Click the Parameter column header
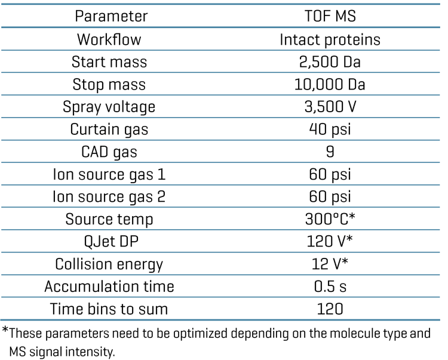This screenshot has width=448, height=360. (111, 17)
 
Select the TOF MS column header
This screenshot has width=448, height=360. (330, 17)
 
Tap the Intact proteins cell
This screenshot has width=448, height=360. (330, 39)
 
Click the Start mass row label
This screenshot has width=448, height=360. (109, 62)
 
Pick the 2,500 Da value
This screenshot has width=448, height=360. (330, 62)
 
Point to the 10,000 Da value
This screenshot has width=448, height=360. (330, 84)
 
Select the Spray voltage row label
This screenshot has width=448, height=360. (109, 107)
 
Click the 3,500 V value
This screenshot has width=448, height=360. (330, 107)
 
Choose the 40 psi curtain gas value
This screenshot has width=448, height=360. (330, 129)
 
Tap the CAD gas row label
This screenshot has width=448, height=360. (109, 152)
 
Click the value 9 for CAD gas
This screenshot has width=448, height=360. (330, 152)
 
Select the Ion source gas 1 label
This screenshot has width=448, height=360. (109, 174)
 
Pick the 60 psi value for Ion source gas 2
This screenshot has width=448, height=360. (330, 196)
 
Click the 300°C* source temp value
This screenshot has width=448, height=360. (330, 219)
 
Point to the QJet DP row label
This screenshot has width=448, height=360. (109, 241)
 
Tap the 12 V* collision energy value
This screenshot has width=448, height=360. (330, 264)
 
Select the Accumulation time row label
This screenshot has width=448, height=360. (109, 287)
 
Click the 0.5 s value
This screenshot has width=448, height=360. (330, 287)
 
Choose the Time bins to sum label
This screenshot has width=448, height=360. (109, 309)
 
